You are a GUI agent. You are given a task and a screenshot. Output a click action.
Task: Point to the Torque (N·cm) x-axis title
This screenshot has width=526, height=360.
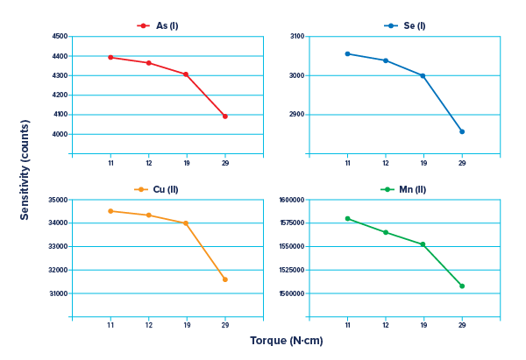287,340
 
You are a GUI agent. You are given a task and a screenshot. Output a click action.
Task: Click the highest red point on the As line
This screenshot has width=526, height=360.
110,57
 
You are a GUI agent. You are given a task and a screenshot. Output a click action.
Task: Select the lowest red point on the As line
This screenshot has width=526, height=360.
225,116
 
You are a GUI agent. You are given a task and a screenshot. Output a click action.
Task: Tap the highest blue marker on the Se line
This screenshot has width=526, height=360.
347,53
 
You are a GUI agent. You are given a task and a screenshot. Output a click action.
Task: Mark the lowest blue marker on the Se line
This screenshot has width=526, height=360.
462,131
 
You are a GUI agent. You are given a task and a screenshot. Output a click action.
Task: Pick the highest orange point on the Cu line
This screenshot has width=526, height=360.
110,211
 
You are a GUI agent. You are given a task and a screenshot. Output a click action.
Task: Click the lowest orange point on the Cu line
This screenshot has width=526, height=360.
225,279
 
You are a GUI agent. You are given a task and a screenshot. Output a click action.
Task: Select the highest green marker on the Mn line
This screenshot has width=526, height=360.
347,218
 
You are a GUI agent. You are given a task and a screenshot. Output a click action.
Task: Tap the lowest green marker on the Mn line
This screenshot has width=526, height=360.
462,286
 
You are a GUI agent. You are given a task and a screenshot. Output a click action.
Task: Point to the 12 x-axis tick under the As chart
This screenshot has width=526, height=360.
148,163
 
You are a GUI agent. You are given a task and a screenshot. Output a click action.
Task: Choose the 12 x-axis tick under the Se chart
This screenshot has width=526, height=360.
385,163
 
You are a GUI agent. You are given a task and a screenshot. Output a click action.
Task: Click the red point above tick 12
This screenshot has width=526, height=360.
148,63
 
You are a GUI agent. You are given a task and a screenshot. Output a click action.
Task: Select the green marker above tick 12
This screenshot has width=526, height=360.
385,232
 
